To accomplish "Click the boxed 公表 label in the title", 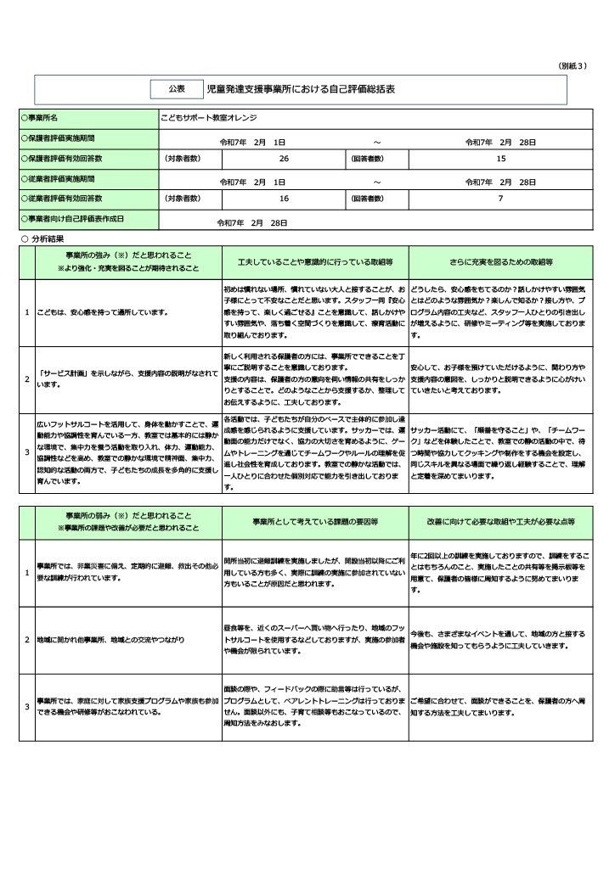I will [176, 88].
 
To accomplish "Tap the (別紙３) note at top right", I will [573, 65].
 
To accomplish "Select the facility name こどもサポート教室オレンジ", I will [208, 117].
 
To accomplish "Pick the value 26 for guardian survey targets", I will [284, 159].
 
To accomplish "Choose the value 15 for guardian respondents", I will [500, 159].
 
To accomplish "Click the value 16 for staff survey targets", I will [284, 199].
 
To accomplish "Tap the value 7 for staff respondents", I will [500, 199].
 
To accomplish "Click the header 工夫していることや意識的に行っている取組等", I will [314, 262].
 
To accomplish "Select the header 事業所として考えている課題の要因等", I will [314, 520].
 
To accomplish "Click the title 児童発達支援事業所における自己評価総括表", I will [301, 88].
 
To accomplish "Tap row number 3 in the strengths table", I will [26, 452].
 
